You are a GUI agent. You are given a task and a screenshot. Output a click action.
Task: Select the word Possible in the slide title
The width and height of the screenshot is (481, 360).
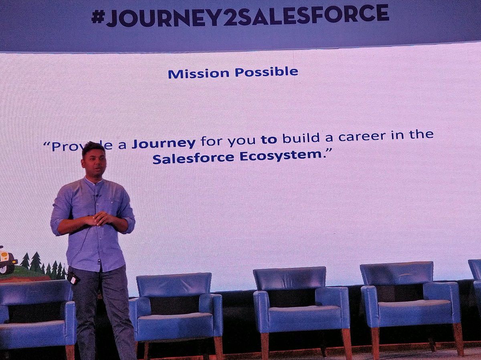tap(266, 72)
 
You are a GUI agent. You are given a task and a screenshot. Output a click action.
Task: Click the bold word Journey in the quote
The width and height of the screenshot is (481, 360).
tap(164, 144)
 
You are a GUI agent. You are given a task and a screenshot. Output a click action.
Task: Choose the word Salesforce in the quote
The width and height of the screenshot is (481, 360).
tap(193, 158)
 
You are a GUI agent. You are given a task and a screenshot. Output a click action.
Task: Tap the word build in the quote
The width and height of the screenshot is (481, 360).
tap(297, 139)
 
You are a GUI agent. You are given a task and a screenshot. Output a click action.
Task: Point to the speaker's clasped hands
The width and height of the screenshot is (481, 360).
tap(98, 219)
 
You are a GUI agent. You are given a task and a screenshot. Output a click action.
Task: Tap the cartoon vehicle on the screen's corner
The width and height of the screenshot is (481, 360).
tap(7, 260)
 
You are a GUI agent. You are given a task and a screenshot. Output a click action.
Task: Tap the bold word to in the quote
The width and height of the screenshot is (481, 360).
tap(269, 140)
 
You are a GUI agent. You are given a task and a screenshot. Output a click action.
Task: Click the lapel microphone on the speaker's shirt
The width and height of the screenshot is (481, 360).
tap(97, 196)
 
